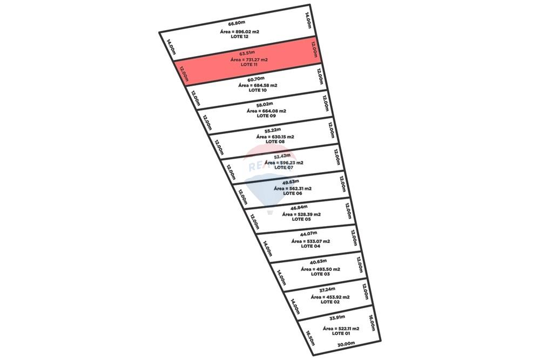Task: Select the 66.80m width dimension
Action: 237,24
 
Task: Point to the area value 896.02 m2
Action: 239,32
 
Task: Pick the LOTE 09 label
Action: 266,116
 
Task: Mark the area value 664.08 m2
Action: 266,111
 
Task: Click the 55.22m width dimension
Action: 273,131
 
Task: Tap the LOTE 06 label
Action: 292,193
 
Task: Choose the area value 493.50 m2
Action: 320,269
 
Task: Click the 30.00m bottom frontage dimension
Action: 346,344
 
